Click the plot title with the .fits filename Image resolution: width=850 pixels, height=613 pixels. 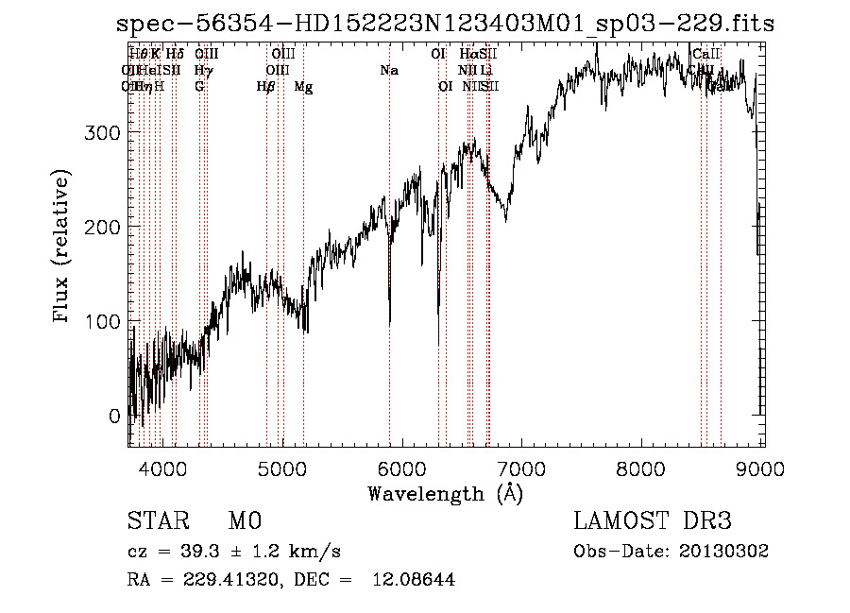click(444, 25)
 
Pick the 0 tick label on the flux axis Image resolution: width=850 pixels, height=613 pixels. click(114, 416)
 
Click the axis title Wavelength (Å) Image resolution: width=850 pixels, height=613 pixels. click(445, 493)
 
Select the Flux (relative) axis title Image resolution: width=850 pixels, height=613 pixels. click(62, 247)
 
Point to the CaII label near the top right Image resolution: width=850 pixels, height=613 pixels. click(706, 55)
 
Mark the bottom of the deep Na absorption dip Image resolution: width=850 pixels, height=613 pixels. click(390, 321)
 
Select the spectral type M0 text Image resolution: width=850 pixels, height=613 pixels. click(244, 521)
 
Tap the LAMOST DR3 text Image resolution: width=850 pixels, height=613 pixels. click(652, 521)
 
